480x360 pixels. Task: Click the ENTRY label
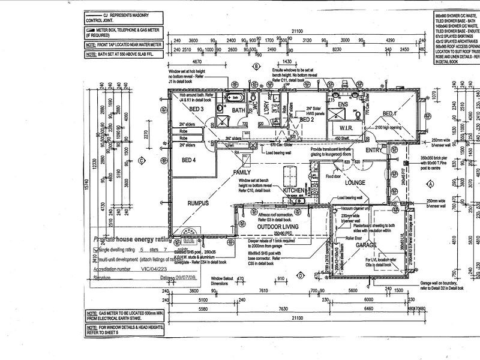(374, 149)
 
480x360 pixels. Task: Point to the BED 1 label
(390, 114)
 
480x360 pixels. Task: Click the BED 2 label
(307, 119)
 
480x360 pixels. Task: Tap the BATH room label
(239, 110)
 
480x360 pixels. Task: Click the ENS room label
(343, 104)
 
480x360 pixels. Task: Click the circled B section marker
(256, 67)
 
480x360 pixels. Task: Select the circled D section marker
(299, 276)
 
